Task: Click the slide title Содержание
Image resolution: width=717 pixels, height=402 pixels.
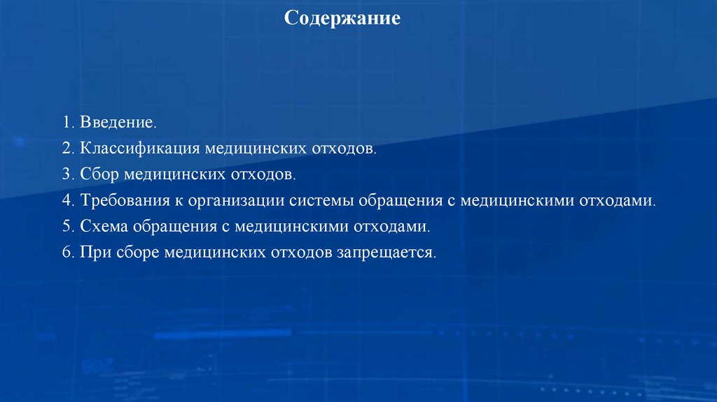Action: [x=342, y=18]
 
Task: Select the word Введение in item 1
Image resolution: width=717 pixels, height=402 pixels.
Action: [x=117, y=123]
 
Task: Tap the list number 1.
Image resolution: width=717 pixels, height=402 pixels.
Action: [x=67, y=123]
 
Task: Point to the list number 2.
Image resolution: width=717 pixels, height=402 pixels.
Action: [x=67, y=148]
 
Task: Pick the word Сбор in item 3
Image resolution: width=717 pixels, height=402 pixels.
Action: [x=99, y=174]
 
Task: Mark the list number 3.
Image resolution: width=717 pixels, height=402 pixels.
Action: [x=67, y=174]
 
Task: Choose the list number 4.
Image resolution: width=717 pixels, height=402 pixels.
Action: [x=67, y=200]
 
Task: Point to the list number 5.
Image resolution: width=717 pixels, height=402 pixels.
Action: [x=67, y=227]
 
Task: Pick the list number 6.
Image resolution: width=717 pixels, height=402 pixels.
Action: [x=67, y=253]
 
